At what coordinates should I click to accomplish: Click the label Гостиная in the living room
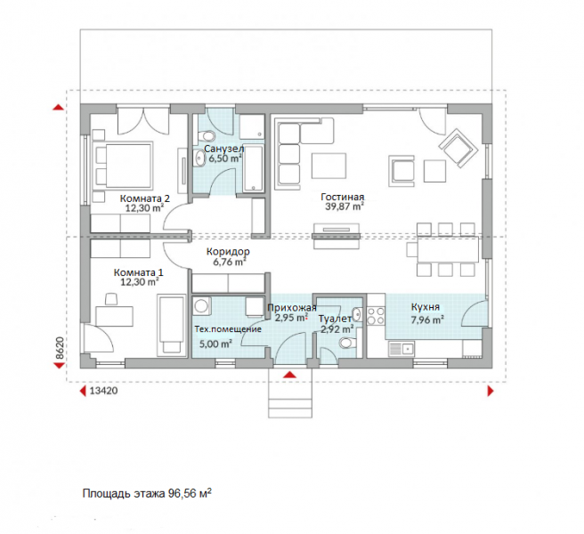pyautogui.click(x=342, y=197)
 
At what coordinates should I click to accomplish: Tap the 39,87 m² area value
pyautogui.click(x=345, y=206)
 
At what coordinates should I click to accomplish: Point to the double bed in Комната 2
pyautogui.click(x=124, y=165)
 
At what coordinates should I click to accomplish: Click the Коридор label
pyautogui.click(x=228, y=252)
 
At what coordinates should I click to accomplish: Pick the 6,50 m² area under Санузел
pyautogui.click(x=224, y=159)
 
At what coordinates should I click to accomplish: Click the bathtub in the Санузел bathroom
pyautogui.click(x=253, y=169)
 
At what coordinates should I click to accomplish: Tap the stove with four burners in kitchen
pyautogui.click(x=376, y=315)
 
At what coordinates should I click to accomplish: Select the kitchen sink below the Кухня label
pyautogui.click(x=401, y=349)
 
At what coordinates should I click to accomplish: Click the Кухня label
pyautogui.click(x=426, y=307)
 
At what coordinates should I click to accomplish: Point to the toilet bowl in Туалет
pyautogui.click(x=347, y=343)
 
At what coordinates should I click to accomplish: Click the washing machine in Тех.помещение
pyautogui.click(x=202, y=306)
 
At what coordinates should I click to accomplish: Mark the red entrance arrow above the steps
pyautogui.click(x=289, y=375)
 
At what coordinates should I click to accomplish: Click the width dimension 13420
pyautogui.click(x=104, y=391)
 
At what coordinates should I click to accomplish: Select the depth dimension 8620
pyautogui.click(x=60, y=348)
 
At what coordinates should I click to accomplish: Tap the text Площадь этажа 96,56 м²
pyautogui.click(x=148, y=493)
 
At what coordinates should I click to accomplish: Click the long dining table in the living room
pyautogui.click(x=448, y=249)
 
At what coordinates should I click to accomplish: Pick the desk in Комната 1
pyautogui.click(x=114, y=316)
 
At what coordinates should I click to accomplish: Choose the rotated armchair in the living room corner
pyautogui.click(x=458, y=148)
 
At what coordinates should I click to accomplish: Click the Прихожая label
pyautogui.click(x=292, y=308)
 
